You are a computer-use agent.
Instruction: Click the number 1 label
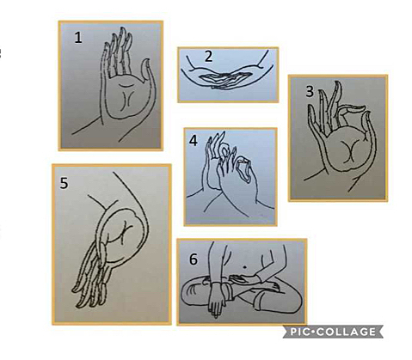tap(77, 37)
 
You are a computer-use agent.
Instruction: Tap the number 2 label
tap(209, 57)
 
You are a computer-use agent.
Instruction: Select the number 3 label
tap(309, 91)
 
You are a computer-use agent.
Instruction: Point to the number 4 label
tap(194, 140)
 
